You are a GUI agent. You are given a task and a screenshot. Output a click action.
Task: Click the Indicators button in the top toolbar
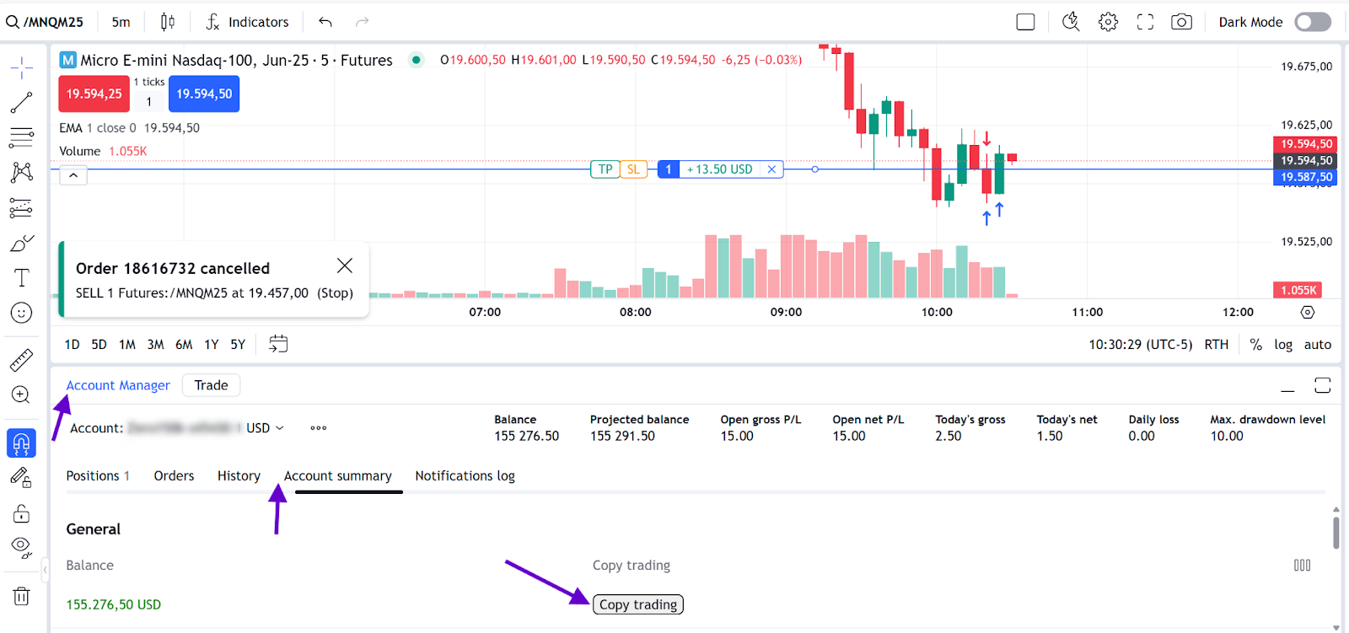coord(248,22)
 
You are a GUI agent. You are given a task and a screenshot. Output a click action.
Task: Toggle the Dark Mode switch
coord(1312,22)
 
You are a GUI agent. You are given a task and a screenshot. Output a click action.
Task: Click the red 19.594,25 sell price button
coord(94,94)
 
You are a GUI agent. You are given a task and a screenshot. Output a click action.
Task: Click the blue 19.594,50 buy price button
coord(204,94)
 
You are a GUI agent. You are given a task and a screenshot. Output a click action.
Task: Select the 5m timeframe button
coord(121,22)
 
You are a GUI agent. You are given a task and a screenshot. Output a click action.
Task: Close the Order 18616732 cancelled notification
coord(345,266)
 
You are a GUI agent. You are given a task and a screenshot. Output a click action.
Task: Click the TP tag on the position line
coord(605,169)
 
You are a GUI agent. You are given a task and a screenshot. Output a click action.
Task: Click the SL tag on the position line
coord(633,169)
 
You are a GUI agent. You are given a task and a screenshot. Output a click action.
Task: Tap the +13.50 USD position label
coord(719,169)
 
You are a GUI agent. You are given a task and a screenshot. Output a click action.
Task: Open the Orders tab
coord(174,476)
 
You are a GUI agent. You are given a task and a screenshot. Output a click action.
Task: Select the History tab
coord(239,476)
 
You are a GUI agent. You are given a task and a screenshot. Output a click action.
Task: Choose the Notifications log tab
coord(465,476)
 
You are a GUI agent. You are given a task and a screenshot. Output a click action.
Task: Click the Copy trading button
coord(638,604)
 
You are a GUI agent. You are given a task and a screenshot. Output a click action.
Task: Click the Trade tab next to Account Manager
coord(211,385)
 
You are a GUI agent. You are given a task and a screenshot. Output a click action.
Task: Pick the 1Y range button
coord(212,345)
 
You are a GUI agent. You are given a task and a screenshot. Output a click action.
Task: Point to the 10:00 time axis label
coord(937,312)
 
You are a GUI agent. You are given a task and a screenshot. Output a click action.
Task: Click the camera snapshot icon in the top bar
coord(1181,22)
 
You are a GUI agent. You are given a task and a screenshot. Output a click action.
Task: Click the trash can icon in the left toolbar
coord(21,596)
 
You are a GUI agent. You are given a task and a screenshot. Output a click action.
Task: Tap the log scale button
coord(1283,345)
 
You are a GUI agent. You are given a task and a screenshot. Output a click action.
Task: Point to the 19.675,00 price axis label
coord(1306,67)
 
